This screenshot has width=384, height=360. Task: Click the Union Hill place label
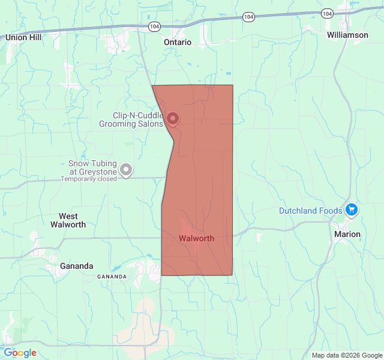click(x=23, y=37)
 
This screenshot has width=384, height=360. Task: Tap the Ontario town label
click(x=178, y=43)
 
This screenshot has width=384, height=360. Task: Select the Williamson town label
click(x=347, y=35)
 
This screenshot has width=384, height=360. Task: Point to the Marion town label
click(x=347, y=234)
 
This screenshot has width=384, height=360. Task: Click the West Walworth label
click(x=72, y=220)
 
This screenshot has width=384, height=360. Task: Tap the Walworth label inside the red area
click(x=196, y=238)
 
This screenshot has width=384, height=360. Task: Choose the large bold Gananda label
click(x=77, y=266)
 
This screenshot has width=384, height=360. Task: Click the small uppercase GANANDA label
click(x=112, y=277)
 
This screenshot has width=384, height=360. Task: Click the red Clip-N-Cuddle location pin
click(x=172, y=119)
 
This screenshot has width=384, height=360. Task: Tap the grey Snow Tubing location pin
click(x=126, y=170)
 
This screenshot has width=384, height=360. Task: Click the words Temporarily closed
click(x=88, y=179)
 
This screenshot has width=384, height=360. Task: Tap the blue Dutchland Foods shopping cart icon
click(x=352, y=210)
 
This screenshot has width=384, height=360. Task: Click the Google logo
click(x=20, y=353)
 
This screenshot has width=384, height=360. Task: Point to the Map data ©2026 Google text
click(x=347, y=355)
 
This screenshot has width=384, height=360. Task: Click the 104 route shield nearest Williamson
click(x=326, y=13)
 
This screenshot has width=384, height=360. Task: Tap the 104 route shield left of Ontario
click(x=154, y=26)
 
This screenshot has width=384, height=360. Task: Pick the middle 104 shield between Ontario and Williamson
click(x=248, y=17)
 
